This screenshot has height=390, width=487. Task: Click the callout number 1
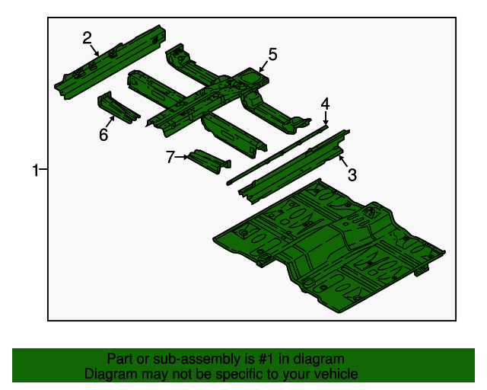point(36,170)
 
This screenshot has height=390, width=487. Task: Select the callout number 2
point(88,38)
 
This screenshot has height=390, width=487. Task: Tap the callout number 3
point(352,174)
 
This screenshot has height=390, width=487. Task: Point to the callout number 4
point(325,104)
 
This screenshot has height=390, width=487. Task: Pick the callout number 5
point(272,54)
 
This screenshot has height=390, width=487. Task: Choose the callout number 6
point(103,135)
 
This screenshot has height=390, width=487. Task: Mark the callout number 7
point(170,157)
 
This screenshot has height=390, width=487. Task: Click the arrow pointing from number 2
point(94,50)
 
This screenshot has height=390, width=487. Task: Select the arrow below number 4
point(325,119)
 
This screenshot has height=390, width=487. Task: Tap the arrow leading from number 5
point(263,66)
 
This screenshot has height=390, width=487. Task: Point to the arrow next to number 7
point(182,157)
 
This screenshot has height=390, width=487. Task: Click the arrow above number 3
point(343,161)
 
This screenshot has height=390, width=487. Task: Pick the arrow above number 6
point(110,121)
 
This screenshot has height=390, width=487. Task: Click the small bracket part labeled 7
point(209,161)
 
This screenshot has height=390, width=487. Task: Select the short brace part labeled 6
point(118,107)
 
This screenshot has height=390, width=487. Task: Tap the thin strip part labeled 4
point(277,155)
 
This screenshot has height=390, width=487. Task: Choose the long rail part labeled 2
point(110,62)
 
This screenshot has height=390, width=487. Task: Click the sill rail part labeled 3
point(294,167)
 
